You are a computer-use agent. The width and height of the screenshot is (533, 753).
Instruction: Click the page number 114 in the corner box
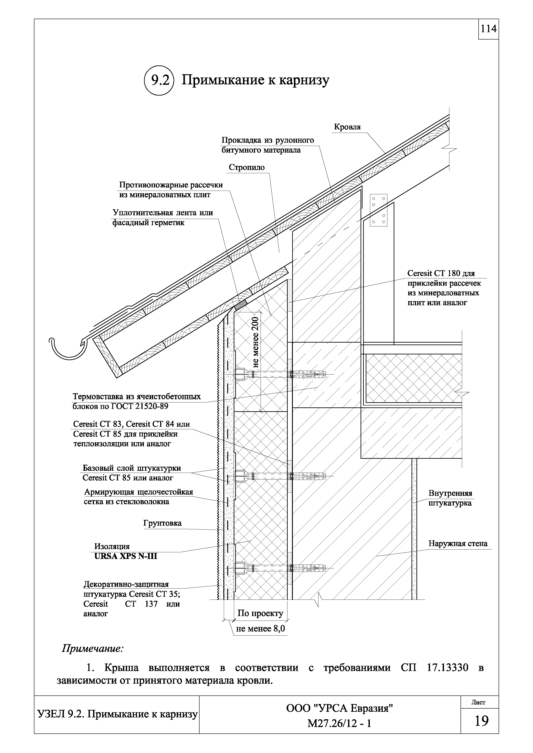tap(488, 29)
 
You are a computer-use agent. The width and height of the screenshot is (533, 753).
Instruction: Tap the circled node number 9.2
tap(159, 80)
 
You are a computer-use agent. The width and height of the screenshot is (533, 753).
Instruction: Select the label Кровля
tap(347, 127)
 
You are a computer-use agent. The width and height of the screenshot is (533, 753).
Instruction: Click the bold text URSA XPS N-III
tap(126, 557)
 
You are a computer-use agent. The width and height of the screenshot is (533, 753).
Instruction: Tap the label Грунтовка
tap(162, 523)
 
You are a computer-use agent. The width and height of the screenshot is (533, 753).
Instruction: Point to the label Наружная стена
tap(458, 544)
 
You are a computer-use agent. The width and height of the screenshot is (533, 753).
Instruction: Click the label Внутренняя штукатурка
tap(450, 498)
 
